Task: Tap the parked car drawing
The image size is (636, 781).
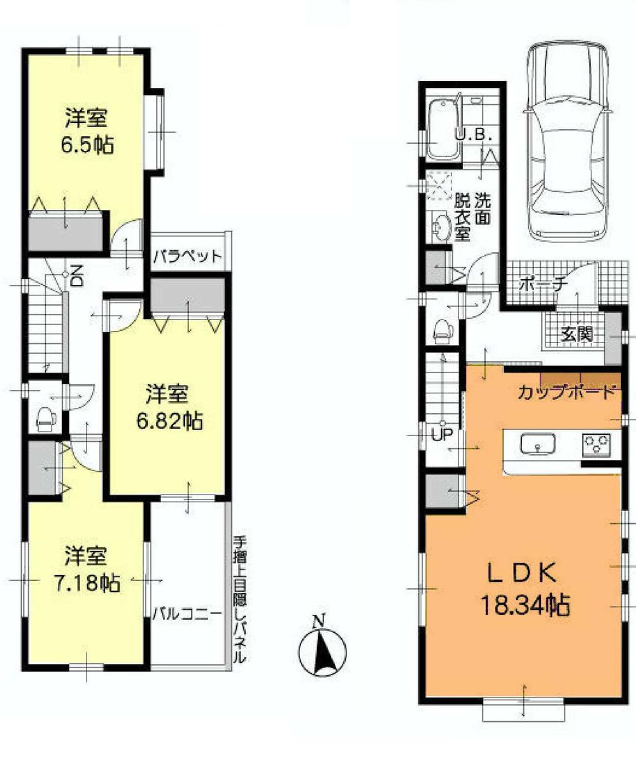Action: (x=567, y=141)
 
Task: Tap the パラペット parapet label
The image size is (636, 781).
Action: (x=187, y=258)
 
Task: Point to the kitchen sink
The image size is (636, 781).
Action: (x=537, y=444)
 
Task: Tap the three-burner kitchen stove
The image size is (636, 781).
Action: (x=596, y=444)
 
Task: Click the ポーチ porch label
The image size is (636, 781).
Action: (x=542, y=285)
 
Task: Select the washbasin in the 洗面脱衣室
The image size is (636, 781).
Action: (x=441, y=227)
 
